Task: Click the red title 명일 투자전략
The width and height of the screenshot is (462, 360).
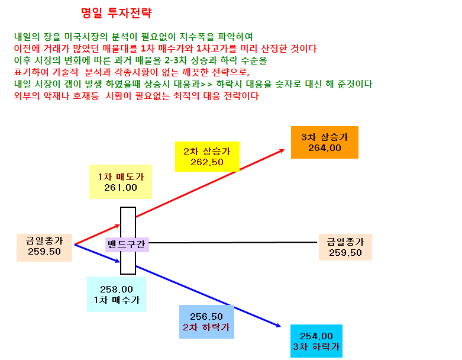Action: click(117, 13)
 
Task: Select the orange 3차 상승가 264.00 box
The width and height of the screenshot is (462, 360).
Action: click(324, 143)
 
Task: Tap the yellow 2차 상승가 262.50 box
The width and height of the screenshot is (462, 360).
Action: click(207, 156)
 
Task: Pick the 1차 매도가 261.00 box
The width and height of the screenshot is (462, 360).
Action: click(121, 182)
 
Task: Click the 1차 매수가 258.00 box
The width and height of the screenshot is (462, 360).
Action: click(117, 294)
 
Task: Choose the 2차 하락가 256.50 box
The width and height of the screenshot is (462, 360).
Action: click(206, 322)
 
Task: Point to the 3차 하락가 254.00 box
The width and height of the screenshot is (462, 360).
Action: click(316, 341)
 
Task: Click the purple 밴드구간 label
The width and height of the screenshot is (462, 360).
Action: click(127, 245)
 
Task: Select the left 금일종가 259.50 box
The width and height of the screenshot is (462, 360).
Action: click(44, 247)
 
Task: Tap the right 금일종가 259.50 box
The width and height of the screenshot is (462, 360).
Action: click(345, 247)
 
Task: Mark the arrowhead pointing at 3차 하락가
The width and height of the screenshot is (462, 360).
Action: click(279, 326)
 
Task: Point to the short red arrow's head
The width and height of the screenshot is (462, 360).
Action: click(118, 226)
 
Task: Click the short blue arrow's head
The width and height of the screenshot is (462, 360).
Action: click(118, 261)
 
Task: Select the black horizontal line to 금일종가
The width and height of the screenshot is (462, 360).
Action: click(232, 243)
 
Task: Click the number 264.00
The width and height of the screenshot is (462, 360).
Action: click(325, 148)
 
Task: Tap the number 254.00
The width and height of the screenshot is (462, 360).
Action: click(316, 336)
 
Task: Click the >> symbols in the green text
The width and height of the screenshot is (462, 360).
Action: click(206, 84)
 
